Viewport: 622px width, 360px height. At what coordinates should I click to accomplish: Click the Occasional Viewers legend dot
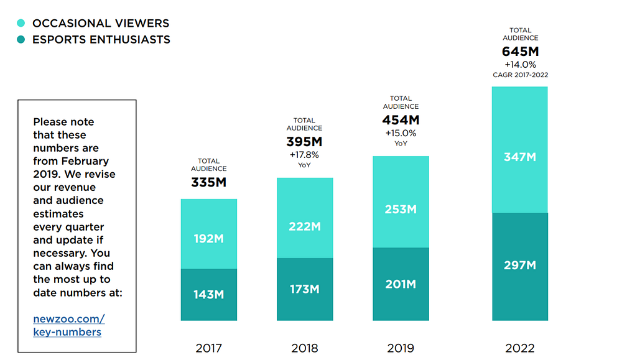[x=21, y=23]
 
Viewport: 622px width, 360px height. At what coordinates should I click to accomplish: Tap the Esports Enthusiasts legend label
[x=101, y=40]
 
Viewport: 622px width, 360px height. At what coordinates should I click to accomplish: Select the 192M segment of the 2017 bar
[x=209, y=234]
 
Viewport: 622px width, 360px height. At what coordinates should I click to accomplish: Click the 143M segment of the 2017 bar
[x=209, y=295]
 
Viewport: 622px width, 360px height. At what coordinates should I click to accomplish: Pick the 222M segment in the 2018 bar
[x=305, y=218]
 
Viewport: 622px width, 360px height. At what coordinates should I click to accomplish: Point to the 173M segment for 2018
[x=305, y=289]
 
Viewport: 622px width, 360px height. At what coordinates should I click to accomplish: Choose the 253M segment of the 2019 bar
[x=401, y=202]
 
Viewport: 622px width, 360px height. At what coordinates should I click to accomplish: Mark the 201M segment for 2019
[x=401, y=284]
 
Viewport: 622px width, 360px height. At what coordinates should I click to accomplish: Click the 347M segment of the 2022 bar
[x=520, y=150]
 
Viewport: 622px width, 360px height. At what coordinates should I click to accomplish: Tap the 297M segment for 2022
[x=520, y=267]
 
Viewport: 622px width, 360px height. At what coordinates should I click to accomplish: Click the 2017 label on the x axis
[x=209, y=348]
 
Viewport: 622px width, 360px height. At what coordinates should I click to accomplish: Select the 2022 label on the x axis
[x=520, y=348]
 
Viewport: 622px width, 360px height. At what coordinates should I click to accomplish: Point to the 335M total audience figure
[x=209, y=183]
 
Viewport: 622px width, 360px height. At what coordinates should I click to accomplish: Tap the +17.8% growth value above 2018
[x=305, y=155]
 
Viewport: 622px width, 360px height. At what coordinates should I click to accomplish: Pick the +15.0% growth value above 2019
[x=401, y=132]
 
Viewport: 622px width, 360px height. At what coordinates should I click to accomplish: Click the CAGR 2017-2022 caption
[x=520, y=75]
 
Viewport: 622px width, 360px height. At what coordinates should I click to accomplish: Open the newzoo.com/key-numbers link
[x=68, y=325]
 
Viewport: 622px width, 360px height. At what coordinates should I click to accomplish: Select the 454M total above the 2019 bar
[x=401, y=120]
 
